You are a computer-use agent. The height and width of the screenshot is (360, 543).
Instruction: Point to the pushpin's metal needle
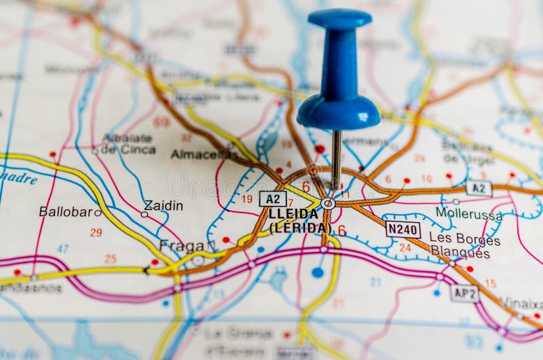[336, 160]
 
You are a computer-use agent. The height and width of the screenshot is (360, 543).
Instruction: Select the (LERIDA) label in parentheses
[300, 228]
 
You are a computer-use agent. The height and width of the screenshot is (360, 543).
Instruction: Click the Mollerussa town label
[469, 213]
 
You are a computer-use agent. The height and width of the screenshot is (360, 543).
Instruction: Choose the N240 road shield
[402, 230]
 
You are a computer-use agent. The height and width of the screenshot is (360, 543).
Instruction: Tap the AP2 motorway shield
[464, 293]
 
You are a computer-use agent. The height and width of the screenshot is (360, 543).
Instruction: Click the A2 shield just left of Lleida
[273, 198]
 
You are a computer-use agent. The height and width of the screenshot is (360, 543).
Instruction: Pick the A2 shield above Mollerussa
[479, 188]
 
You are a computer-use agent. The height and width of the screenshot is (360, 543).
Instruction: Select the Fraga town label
[181, 246]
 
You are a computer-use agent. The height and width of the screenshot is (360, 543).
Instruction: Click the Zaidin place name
[164, 205]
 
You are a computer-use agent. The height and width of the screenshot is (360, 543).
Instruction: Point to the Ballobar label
[65, 211]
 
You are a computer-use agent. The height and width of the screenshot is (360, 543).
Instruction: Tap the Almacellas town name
[204, 154]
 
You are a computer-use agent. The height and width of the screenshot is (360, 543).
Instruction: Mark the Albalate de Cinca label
[128, 143]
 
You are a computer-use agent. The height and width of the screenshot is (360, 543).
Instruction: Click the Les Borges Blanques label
[464, 246]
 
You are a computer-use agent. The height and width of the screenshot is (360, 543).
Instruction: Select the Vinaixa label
[521, 303]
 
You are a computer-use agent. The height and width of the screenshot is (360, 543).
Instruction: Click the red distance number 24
[405, 248]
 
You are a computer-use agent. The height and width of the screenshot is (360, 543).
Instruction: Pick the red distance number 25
[110, 258]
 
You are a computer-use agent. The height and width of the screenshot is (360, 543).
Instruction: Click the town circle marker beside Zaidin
[144, 214]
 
